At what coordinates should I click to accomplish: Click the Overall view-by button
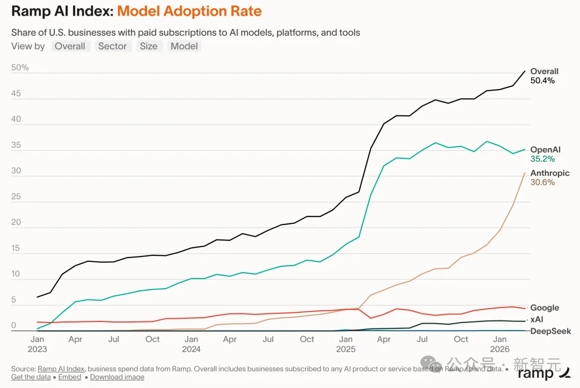pos(70,46)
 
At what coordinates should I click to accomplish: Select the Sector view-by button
pos(112,46)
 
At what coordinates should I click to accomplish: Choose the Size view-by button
pos(149,46)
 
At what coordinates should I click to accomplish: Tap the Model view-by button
pos(184,46)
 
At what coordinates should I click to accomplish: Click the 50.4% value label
pos(542,80)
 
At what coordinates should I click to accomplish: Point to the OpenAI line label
pos(545,150)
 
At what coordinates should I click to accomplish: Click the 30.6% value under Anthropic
pos(542,182)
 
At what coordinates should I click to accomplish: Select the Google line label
pos(545,308)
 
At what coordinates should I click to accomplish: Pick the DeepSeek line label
pos(550,331)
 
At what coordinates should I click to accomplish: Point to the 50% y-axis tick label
pos(20,68)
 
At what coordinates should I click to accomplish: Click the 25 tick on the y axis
pos(16,197)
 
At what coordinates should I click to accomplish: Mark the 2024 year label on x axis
pos(191,349)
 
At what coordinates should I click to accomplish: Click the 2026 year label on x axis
pos(500,349)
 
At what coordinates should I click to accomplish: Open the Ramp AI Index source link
pos(61,369)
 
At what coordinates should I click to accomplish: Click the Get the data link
pos(31,377)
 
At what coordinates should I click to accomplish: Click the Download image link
pos(117,377)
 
